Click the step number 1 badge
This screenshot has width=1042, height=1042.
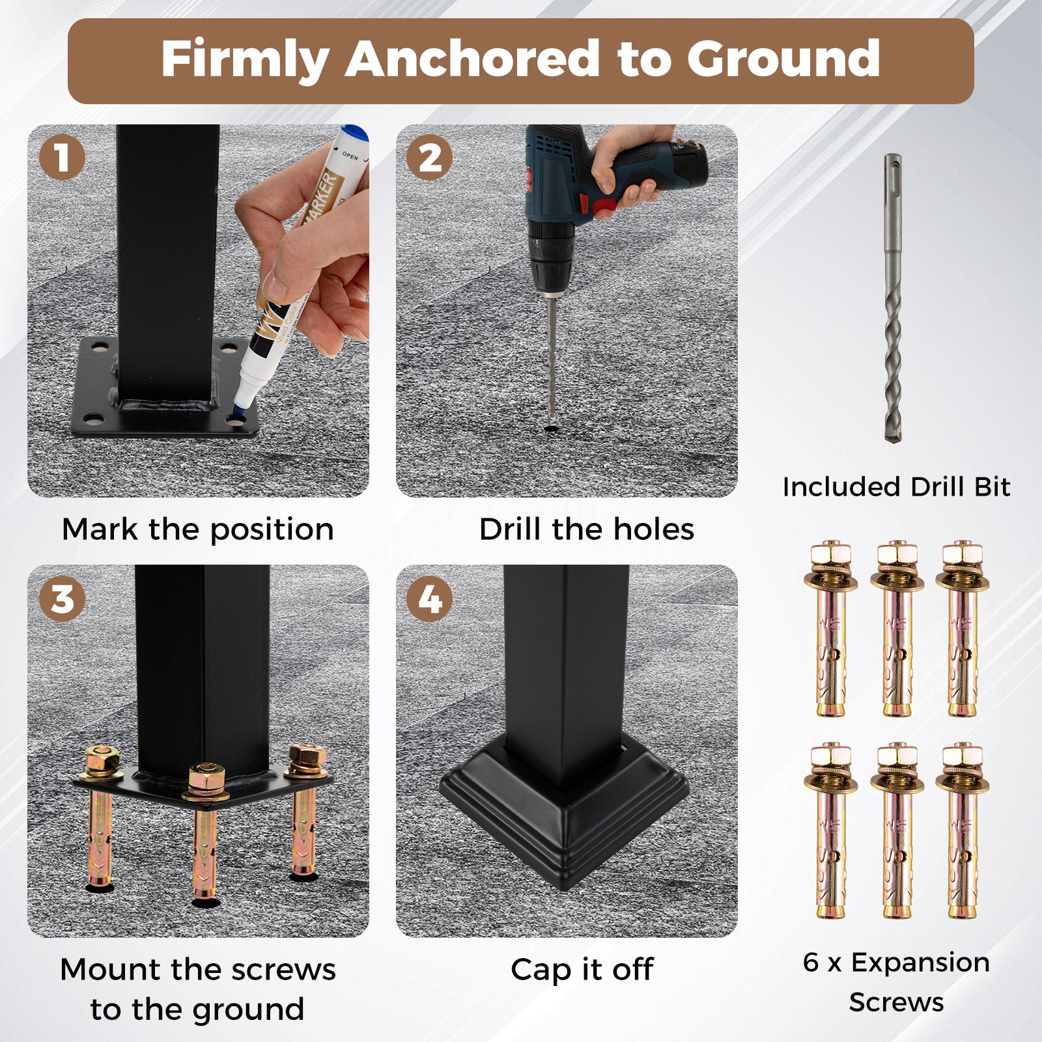tap(62, 157)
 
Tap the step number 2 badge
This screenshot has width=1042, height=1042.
tap(430, 157)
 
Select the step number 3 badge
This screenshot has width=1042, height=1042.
tap(62, 598)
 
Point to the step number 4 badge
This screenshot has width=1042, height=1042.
tap(430, 598)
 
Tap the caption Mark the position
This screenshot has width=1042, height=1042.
tap(198, 529)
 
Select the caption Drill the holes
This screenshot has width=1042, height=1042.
tap(587, 529)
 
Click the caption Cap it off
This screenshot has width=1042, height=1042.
tap(582, 969)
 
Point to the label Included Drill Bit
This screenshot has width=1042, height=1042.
tap(896, 486)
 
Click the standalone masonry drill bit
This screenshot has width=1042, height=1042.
tap(893, 299)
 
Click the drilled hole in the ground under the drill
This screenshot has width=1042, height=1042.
tap(552, 430)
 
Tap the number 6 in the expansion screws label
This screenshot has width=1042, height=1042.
tap(811, 962)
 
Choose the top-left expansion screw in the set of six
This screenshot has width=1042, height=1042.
tap(832, 628)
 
